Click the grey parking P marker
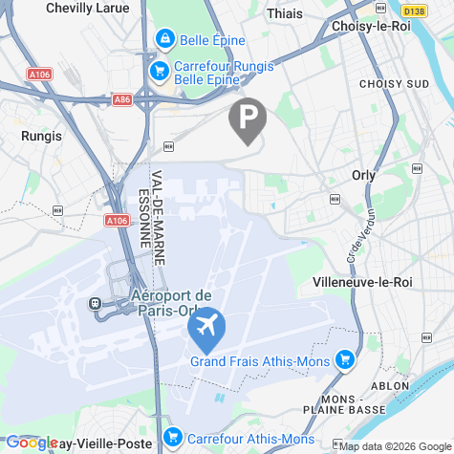click(248, 119)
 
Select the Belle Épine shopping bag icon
click(165, 39)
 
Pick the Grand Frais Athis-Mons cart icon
click(345, 360)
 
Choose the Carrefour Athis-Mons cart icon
click(173, 439)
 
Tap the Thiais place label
click(286, 14)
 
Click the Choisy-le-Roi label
click(370, 26)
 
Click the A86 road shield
click(120, 98)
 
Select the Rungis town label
click(41, 136)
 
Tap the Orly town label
click(363, 175)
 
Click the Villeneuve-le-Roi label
click(361, 283)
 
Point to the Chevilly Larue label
click(88, 8)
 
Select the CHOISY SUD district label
click(394, 84)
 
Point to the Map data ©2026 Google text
click(394, 445)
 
